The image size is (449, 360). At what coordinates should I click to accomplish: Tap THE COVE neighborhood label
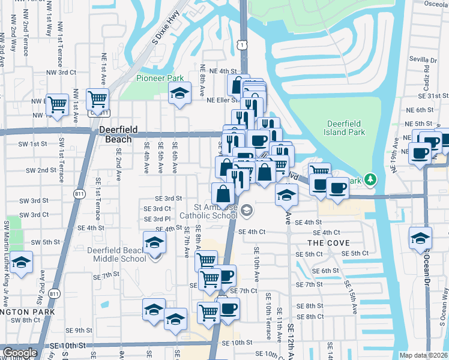[328, 243]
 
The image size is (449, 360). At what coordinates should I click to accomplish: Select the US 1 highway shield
[241, 44]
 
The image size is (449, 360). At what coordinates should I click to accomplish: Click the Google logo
[20, 353]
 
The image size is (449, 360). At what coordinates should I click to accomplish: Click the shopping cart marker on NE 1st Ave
[97, 98]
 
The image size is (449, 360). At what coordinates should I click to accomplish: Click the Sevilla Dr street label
[423, 60]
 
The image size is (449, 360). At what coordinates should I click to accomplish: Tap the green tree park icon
[371, 179]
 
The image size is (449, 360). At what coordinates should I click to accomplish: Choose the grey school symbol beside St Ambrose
[247, 211]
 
